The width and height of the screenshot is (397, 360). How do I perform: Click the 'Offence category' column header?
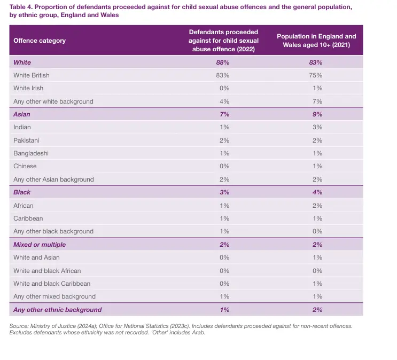click(x=40, y=41)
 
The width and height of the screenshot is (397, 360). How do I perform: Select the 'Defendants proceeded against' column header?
click(x=223, y=41)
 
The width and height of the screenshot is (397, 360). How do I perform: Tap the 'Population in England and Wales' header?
click(x=316, y=41)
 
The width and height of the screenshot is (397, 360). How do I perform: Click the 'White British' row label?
click(x=32, y=75)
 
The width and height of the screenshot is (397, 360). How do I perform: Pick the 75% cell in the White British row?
click(x=316, y=75)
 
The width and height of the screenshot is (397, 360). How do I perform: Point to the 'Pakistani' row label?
click(x=26, y=140)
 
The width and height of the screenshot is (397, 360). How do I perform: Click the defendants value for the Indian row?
click(x=224, y=127)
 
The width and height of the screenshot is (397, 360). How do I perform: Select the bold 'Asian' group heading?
click(x=22, y=114)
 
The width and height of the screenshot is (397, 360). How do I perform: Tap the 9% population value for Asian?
click(x=316, y=114)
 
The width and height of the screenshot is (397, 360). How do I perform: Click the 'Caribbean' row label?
click(x=28, y=218)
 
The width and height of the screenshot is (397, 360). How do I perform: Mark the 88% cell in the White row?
click(x=224, y=62)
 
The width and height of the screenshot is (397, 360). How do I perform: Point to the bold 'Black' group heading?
click(x=22, y=192)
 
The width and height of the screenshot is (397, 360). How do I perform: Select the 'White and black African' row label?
click(x=47, y=270)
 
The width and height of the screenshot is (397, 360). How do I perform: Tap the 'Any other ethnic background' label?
click(x=57, y=310)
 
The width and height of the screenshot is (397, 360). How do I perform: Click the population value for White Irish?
click(x=316, y=88)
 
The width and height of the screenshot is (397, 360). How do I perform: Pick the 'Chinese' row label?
click(x=25, y=166)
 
